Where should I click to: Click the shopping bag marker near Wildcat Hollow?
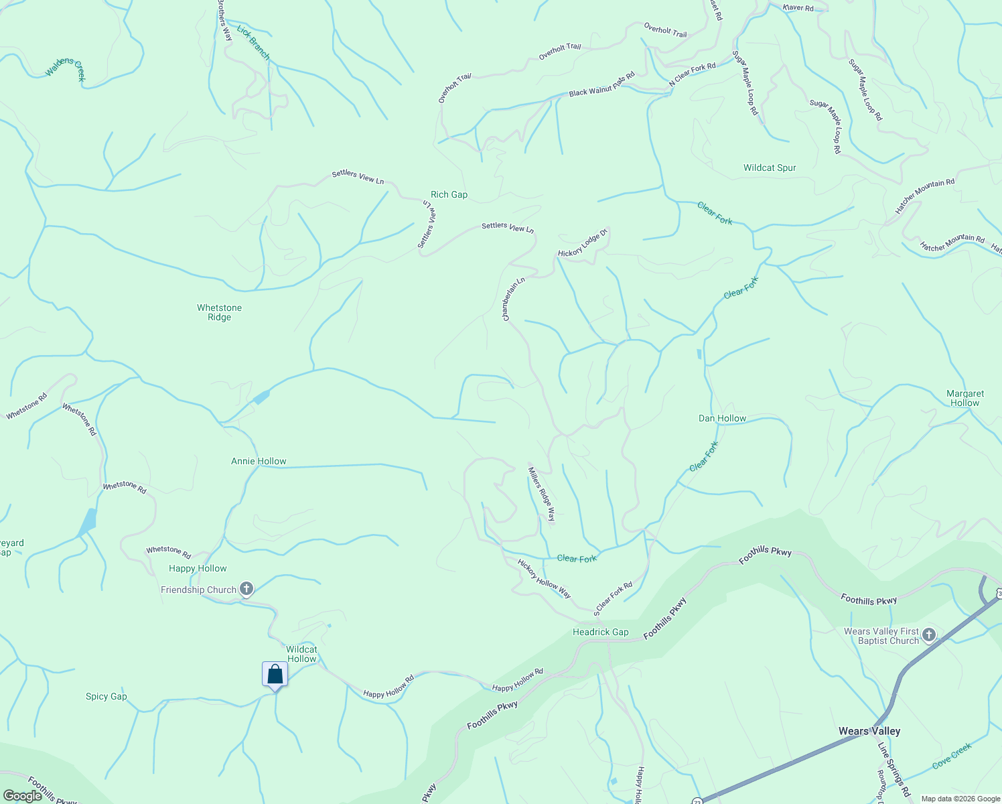[275, 674]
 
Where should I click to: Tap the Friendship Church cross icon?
[246, 589]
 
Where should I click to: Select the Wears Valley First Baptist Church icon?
[928, 634]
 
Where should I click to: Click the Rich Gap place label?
[449, 194]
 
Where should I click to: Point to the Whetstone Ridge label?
[219, 312]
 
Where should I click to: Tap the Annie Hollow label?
[259, 461]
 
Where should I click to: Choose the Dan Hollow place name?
[722, 418]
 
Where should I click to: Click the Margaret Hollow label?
[965, 398]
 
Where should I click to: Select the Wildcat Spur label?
[770, 167]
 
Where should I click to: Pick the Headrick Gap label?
[600, 632]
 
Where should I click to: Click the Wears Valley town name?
[869, 731]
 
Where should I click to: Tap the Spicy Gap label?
[106, 696]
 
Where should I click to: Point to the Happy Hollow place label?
[198, 568]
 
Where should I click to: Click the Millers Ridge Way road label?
[542, 494]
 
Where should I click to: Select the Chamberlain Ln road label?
[514, 299]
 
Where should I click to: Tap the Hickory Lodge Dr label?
[583, 243]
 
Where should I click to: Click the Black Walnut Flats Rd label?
[601, 85]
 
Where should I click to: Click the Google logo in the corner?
[23, 795]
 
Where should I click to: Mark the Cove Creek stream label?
[951, 756]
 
